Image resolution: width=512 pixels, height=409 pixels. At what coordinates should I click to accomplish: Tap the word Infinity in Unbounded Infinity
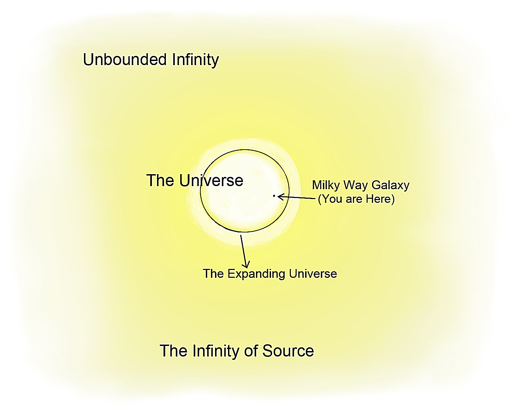pyautogui.click(x=195, y=60)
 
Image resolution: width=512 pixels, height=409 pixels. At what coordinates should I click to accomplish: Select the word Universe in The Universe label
pyautogui.click(x=211, y=180)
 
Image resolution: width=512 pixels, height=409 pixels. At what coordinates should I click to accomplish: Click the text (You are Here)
pyautogui.click(x=356, y=199)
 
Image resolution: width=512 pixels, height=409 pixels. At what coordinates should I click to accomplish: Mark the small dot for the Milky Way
pyautogui.click(x=274, y=196)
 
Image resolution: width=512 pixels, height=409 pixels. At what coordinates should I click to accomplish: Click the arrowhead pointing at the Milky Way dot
pyautogui.click(x=280, y=196)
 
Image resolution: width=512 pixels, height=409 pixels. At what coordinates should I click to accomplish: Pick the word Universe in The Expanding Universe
pyautogui.click(x=313, y=274)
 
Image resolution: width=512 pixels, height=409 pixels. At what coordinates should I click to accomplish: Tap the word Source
pyautogui.click(x=288, y=351)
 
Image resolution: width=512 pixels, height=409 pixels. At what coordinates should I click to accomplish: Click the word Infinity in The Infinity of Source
pyautogui.click(x=215, y=351)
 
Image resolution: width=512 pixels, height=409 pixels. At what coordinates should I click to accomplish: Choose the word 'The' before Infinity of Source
pyautogui.click(x=173, y=351)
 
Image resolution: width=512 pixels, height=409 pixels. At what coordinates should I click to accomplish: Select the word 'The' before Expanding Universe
pyautogui.click(x=213, y=274)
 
